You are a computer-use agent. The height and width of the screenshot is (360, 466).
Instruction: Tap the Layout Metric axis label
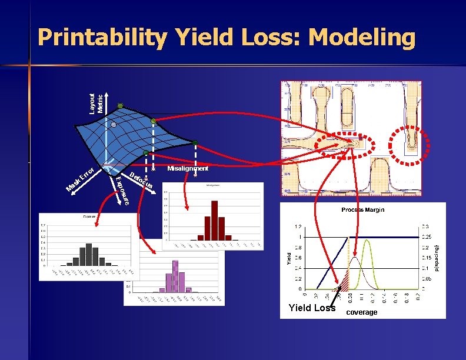click(x=96, y=102)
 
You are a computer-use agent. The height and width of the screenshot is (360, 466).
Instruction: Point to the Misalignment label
click(x=188, y=169)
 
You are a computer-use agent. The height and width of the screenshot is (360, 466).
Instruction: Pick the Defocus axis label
click(x=142, y=181)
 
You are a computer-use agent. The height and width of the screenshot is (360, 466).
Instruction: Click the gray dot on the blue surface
click(x=114, y=125)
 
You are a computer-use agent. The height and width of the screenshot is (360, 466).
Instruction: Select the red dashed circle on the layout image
click(x=410, y=144)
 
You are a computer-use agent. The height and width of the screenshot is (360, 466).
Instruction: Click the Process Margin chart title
click(x=363, y=210)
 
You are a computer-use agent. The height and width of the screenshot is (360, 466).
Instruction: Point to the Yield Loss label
click(x=312, y=308)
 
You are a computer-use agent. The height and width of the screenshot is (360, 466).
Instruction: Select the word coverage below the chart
click(x=361, y=312)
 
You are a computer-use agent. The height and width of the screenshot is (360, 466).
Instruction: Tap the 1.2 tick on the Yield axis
click(x=298, y=226)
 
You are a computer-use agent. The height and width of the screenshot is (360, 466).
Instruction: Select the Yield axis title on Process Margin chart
click(x=289, y=258)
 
